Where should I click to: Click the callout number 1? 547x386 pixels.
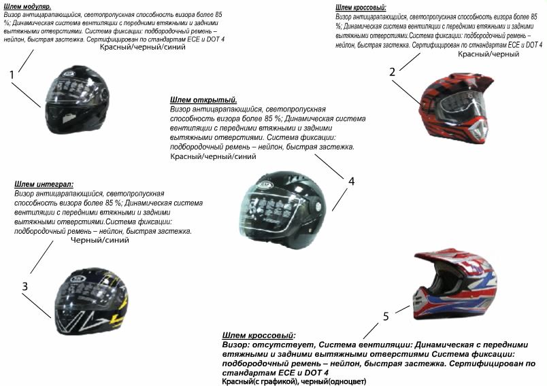[x=12, y=75]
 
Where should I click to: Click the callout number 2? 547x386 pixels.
[x=393, y=72]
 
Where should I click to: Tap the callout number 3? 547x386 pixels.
[x=24, y=286]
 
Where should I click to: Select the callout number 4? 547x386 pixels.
[x=351, y=181]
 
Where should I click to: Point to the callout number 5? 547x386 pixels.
[x=386, y=316]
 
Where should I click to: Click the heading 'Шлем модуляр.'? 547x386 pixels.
[x=27, y=6]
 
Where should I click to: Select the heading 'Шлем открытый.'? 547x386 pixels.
[x=203, y=100]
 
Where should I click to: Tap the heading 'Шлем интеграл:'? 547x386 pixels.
[x=44, y=184]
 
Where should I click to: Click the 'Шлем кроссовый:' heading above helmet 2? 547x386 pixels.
[x=361, y=7]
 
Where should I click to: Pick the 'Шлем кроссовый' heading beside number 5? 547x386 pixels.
[x=259, y=336]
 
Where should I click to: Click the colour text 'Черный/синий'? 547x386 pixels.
[x=100, y=240]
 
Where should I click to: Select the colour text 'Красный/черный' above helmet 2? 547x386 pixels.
[x=488, y=54]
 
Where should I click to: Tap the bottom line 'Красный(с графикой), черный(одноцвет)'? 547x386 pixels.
[x=294, y=381]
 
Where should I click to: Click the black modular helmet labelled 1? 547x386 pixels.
[x=78, y=100]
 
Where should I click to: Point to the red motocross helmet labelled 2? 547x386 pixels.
[x=455, y=107]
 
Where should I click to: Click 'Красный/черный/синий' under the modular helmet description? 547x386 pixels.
[x=142, y=47]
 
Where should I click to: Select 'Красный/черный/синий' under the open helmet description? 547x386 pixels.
[x=213, y=156]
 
